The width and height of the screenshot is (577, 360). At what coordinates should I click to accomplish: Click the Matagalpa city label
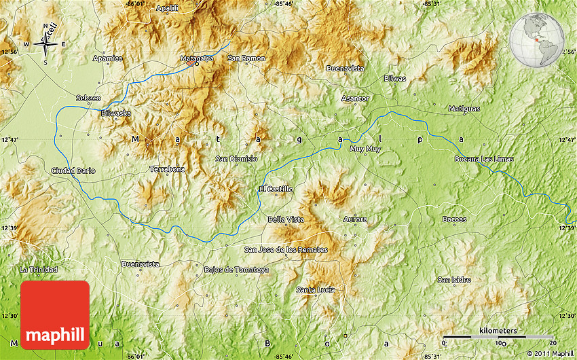point(196,58)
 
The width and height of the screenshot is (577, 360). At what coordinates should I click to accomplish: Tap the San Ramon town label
point(246,58)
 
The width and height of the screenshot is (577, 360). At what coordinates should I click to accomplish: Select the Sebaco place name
point(88,98)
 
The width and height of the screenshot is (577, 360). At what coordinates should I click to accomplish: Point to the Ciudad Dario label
point(73,170)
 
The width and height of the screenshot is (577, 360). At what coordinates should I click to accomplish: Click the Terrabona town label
point(167,169)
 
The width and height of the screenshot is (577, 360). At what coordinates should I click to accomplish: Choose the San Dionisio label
point(236,158)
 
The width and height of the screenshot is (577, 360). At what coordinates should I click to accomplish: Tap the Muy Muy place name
point(365,148)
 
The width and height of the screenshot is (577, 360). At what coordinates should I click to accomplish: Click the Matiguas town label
point(464,109)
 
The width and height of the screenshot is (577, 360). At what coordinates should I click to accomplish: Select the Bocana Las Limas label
point(484,159)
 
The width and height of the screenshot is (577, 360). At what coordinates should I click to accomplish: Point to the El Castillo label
point(276,189)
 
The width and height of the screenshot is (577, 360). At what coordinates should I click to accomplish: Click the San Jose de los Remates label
point(286,249)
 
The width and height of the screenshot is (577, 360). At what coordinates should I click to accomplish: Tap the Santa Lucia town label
point(316,290)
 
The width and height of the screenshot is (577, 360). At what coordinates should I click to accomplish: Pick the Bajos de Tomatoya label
point(236,270)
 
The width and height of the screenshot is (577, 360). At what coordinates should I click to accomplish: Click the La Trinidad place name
point(39,270)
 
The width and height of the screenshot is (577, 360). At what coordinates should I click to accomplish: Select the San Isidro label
point(454,279)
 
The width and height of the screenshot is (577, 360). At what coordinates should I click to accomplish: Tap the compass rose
point(46,44)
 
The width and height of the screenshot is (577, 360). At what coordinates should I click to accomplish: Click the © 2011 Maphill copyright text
point(550,353)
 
